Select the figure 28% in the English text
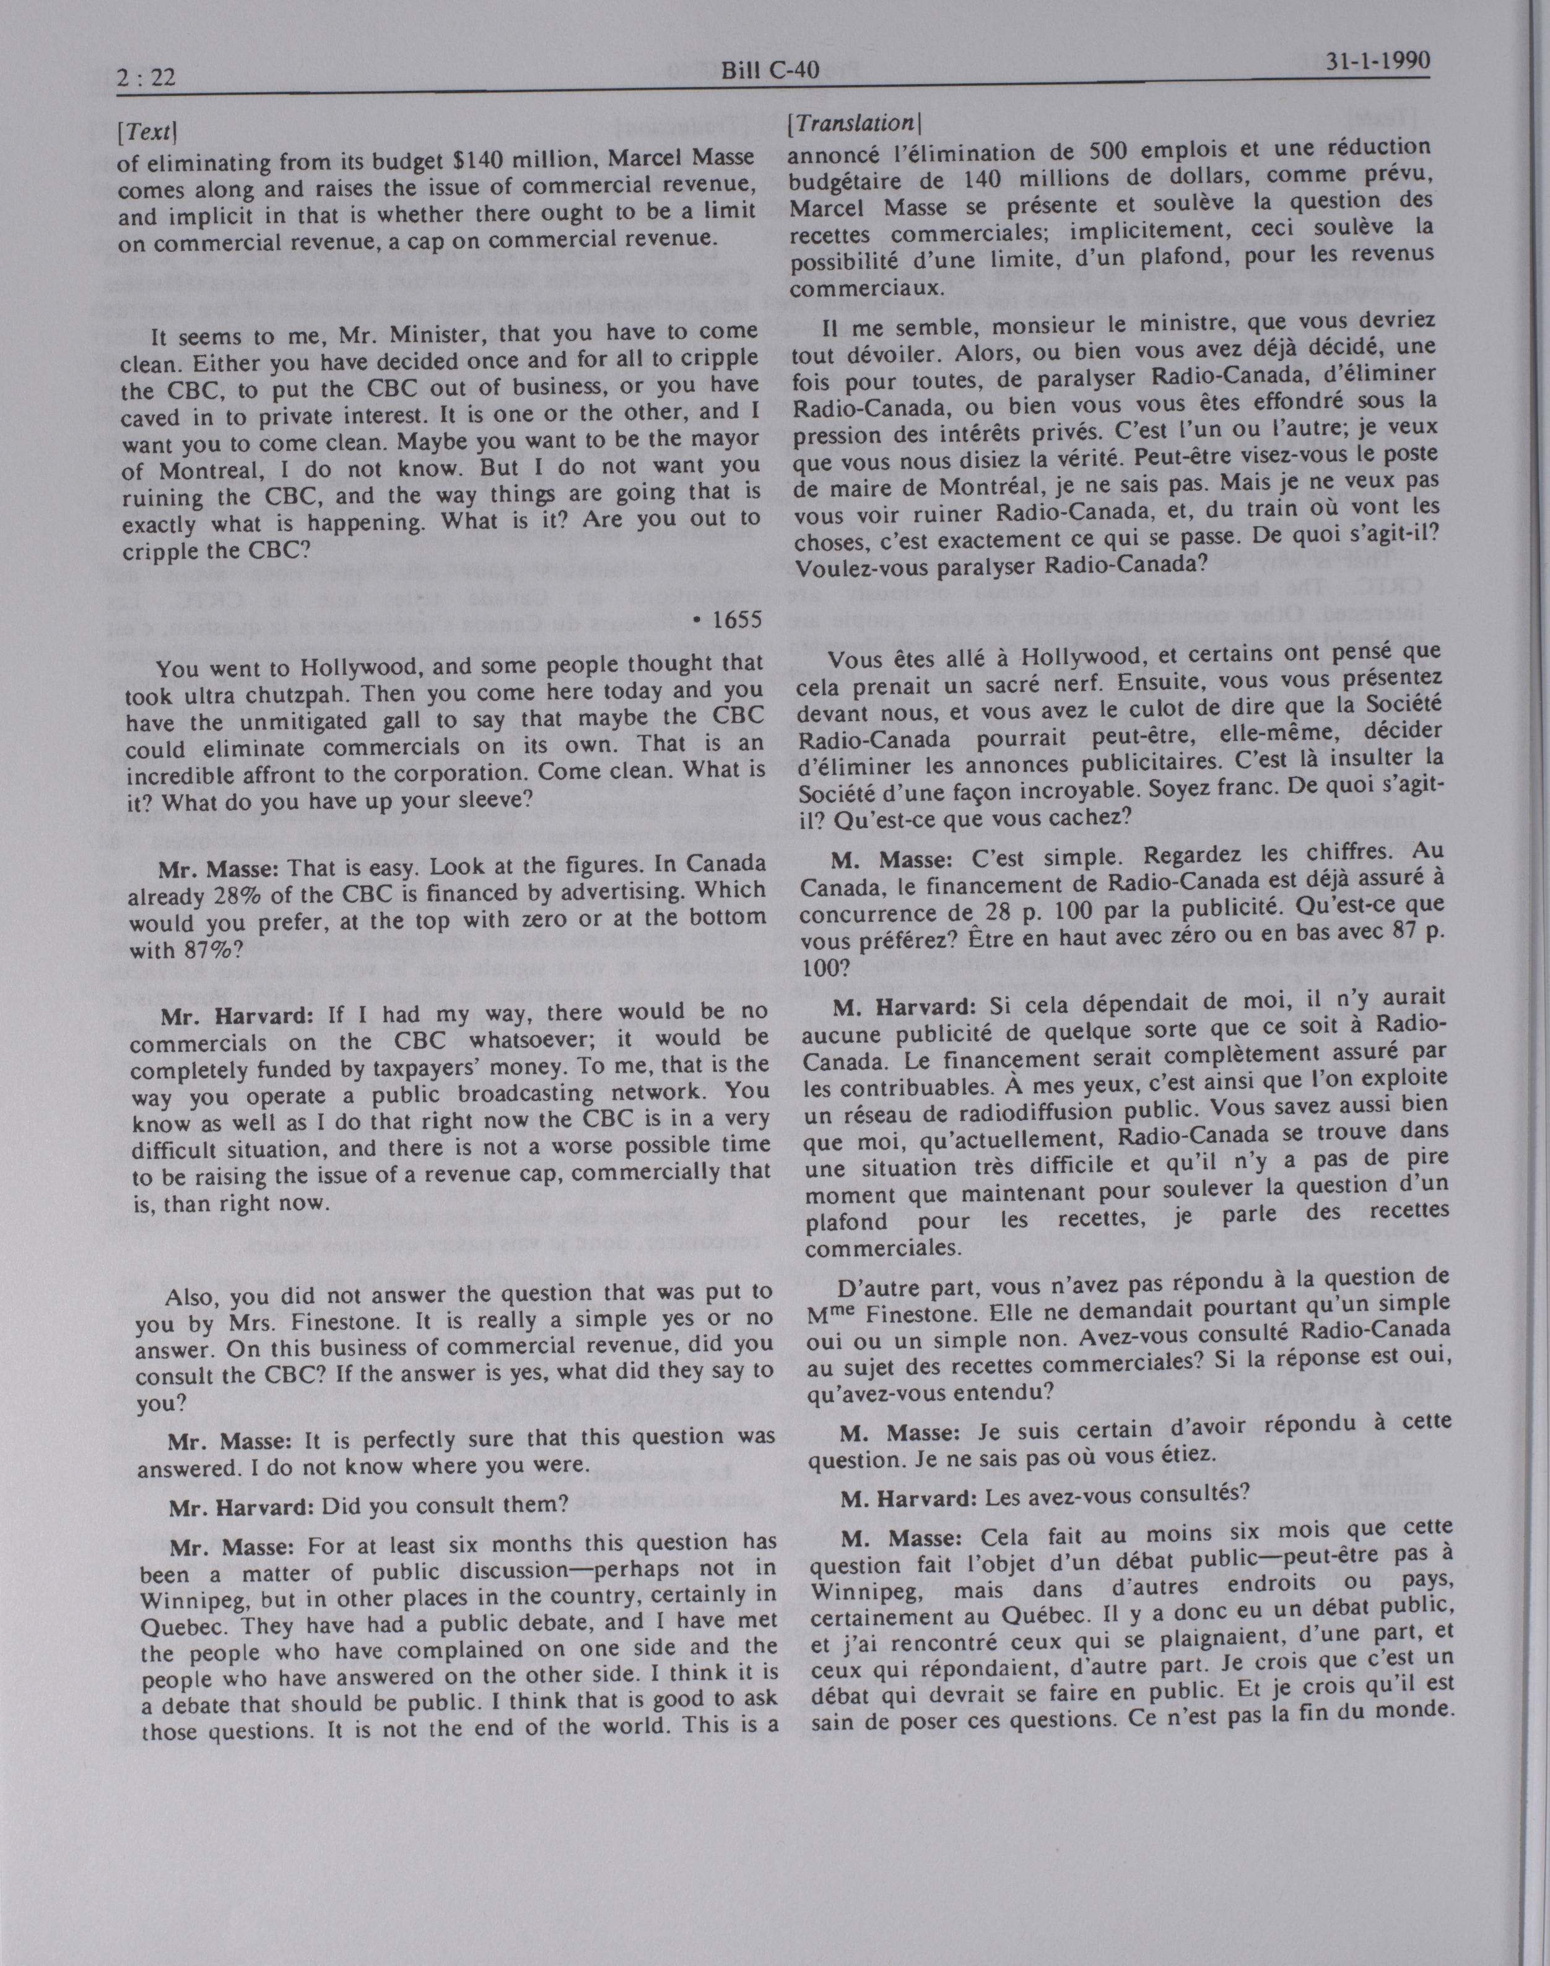[x=238, y=897]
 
